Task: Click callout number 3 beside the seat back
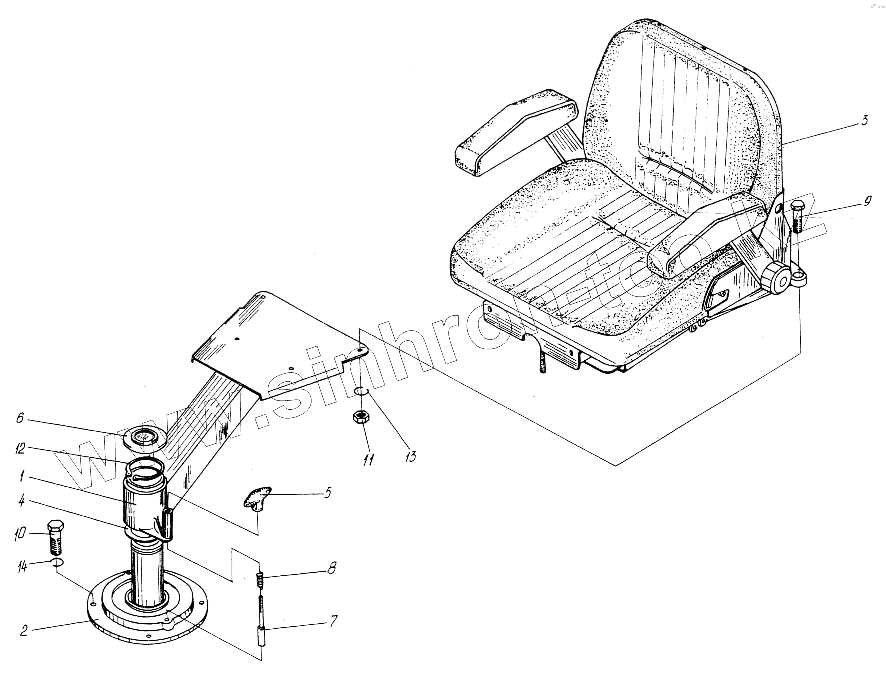tap(864, 120)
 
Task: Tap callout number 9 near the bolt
tap(867, 201)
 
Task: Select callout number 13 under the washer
tap(410, 456)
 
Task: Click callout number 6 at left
tap(20, 418)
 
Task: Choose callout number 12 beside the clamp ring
tap(20, 449)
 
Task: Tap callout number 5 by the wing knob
tap(327, 493)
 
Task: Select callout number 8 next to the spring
tap(331, 568)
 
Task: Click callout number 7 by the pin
tap(333, 621)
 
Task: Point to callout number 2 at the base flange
tap(24, 631)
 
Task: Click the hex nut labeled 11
tap(359, 416)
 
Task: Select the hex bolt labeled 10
tap(55, 537)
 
